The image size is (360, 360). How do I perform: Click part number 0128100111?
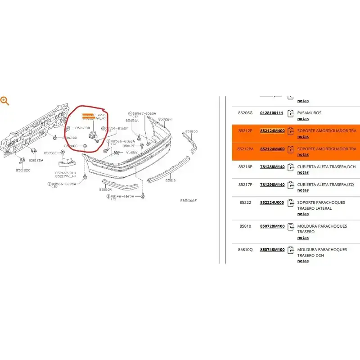[x=272, y=113]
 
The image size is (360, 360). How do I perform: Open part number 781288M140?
[x=272, y=166]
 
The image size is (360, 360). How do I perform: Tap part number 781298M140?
[x=272, y=184]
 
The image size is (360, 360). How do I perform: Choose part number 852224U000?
[x=272, y=202]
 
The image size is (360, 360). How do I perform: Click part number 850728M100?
[x=272, y=226]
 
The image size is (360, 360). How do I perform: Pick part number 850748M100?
[x=272, y=249]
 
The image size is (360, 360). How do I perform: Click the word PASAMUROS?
[x=309, y=113]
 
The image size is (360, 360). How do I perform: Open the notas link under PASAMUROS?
[x=303, y=119]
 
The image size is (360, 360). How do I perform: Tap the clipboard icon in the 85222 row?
[x=291, y=203]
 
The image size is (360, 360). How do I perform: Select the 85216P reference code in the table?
[x=246, y=166]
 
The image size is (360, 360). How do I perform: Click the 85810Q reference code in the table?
[x=246, y=249]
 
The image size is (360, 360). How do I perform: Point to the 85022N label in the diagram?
[x=165, y=119]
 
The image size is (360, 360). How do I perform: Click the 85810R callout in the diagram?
[x=105, y=189]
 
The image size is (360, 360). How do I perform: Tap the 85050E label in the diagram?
[x=49, y=153]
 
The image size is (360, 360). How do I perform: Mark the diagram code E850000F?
[x=189, y=200]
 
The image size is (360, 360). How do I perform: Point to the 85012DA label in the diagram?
[x=36, y=160]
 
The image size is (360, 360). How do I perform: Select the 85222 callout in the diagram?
[x=132, y=152]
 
